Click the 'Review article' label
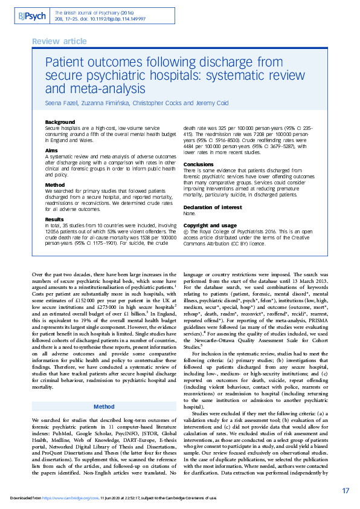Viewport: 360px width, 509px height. coord(58,41)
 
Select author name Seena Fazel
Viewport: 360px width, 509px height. coord(62,103)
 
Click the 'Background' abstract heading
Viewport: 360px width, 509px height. coord(60,122)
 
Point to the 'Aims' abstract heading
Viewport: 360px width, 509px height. coord(53,149)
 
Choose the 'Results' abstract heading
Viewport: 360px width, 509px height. coord(55,219)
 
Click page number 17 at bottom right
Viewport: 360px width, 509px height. coord(345,490)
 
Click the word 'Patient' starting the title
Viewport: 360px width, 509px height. coord(66,62)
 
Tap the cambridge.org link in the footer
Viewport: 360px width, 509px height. coord(73,498)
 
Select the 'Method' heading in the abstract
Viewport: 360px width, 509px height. coord(55,185)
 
